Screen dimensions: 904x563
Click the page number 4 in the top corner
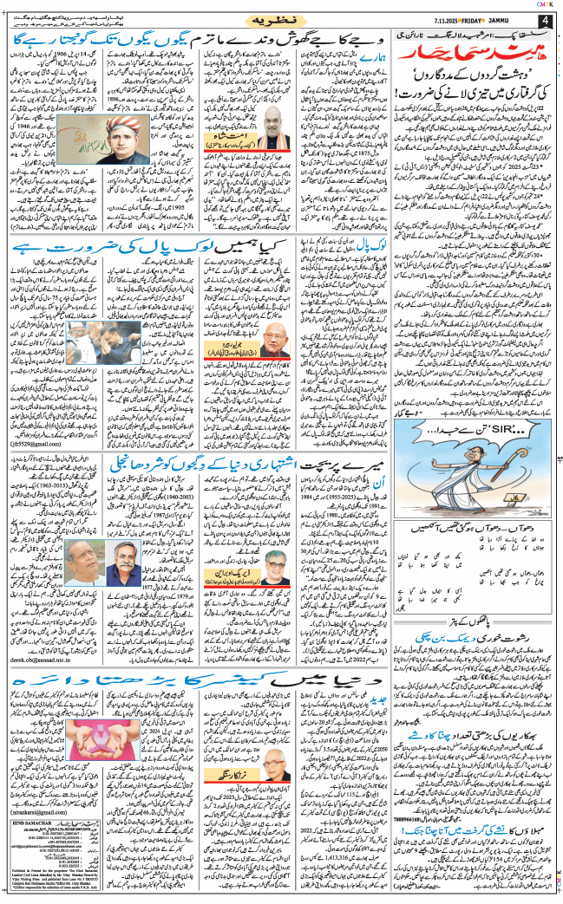545,20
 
